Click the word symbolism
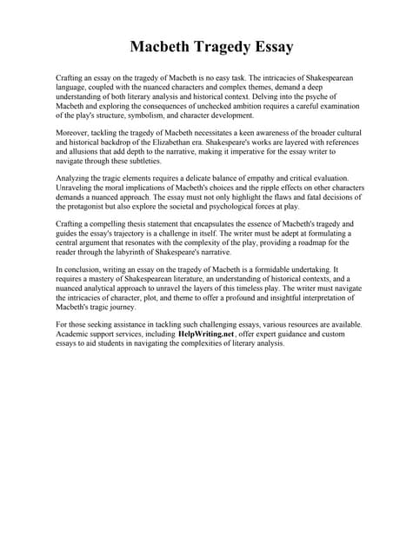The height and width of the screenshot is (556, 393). [x=157, y=115]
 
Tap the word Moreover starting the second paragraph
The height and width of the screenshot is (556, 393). [x=74, y=133]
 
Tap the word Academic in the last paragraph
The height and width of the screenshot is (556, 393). [x=75, y=334]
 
